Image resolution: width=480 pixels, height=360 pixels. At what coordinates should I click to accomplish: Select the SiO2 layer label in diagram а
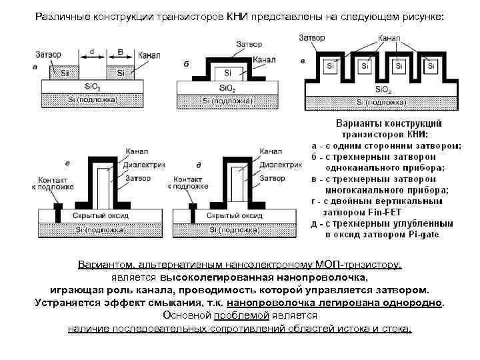[x=93, y=87]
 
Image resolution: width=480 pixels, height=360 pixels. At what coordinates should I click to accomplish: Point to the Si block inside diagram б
[x=227, y=72]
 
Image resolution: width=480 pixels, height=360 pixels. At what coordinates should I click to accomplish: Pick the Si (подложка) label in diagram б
[x=227, y=99]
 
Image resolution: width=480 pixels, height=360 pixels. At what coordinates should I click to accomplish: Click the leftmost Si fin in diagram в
[x=330, y=66]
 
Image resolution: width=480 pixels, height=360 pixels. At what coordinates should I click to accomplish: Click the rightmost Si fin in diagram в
[x=431, y=66]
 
